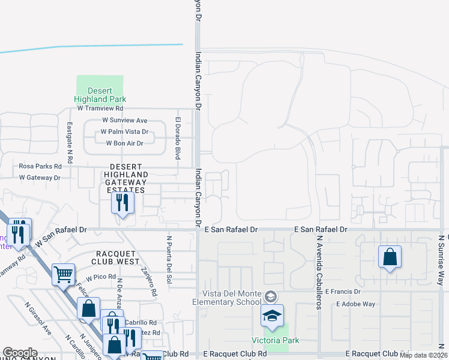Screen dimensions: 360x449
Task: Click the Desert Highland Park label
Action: (x=100, y=95)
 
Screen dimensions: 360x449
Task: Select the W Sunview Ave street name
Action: (x=124, y=121)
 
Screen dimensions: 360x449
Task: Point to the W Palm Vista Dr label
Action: (x=124, y=132)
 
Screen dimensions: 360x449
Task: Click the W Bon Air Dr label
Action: (x=125, y=143)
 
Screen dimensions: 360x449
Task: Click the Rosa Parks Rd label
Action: (x=41, y=166)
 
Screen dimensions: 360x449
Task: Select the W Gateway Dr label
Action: (x=40, y=178)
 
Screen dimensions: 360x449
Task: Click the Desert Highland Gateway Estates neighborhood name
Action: (x=127, y=178)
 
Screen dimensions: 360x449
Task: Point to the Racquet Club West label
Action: (x=115, y=257)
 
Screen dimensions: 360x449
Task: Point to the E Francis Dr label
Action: (x=342, y=292)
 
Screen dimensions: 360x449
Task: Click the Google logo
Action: (x=20, y=353)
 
